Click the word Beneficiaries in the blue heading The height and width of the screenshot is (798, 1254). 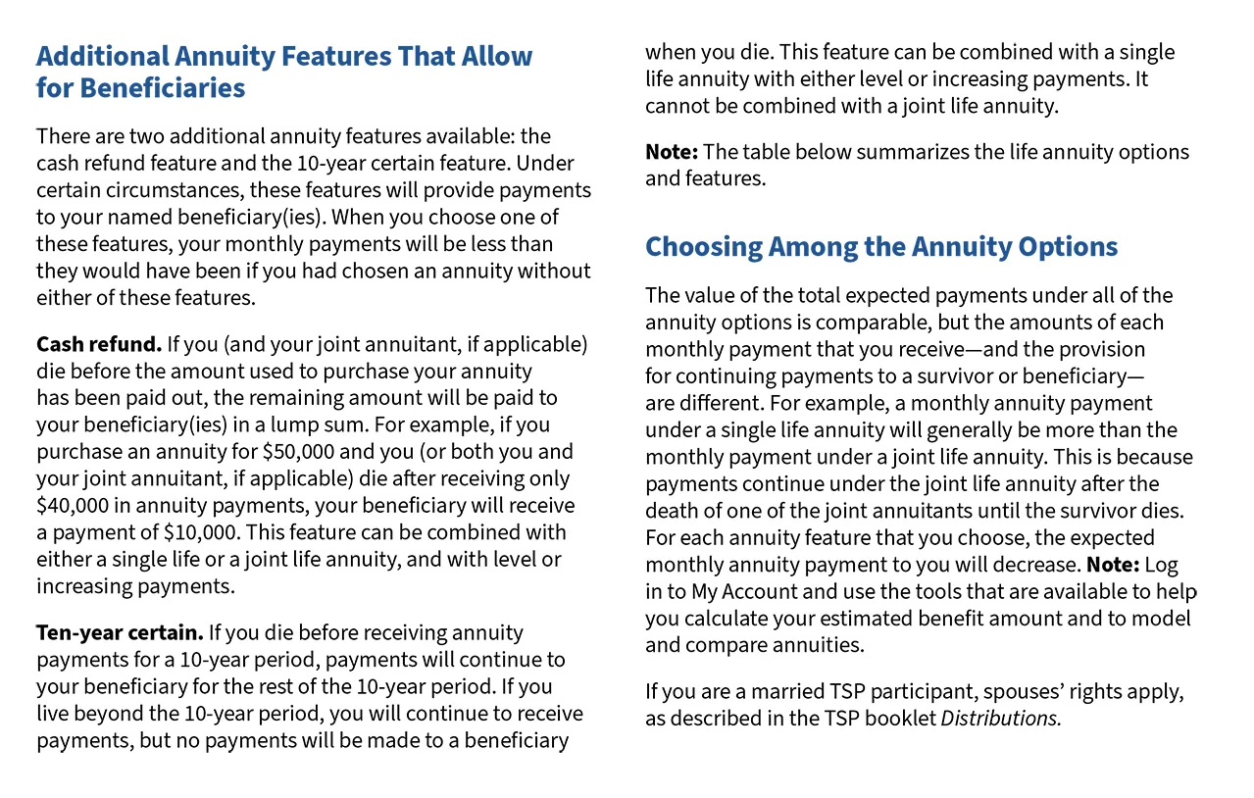(162, 88)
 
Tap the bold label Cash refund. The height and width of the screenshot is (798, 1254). (99, 344)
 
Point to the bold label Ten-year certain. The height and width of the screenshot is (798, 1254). (120, 632)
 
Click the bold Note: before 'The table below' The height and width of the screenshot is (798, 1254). (672, 152)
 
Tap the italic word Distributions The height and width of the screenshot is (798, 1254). (1001, 718)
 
